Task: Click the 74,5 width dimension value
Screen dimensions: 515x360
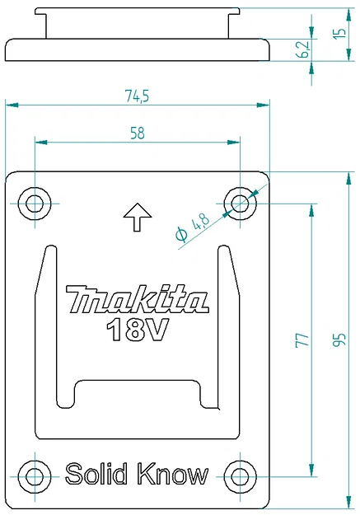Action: pos(138,96)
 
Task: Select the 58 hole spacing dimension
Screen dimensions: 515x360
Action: pos(137,133)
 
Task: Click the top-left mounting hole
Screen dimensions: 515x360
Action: pos(35,202)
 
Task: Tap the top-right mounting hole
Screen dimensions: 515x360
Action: pos(240,201)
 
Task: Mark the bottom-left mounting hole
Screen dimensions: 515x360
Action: pos(35,475)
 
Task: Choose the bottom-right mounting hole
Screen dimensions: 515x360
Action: pos(240,475)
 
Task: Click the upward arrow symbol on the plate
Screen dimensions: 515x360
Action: pos(137,218)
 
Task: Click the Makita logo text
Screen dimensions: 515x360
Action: pos(137,299)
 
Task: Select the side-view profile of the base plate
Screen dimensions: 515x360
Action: pos(138,49)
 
